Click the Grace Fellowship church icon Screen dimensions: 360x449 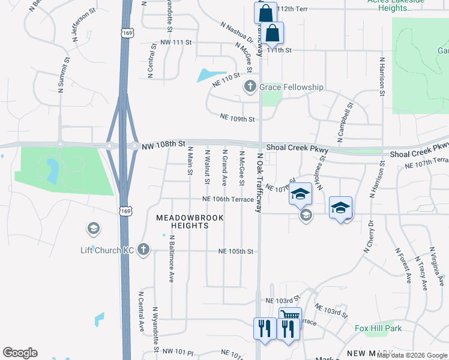[x=250, y=88]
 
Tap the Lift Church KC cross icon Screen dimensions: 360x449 [x=143, y=250]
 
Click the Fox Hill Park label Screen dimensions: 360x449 [x=378, y=328]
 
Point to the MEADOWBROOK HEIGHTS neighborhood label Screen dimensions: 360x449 [x=182, y=221]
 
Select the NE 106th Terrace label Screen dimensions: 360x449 [x=228, y=199]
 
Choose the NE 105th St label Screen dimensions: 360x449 [x=236, y=251]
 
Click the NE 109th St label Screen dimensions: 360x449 [x=238, y=119]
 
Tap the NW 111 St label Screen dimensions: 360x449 [x=176, y=43]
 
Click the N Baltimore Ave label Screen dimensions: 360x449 [x=172, y=259]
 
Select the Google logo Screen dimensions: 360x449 [x=20, y=353]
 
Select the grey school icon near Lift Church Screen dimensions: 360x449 [x=93, y=228]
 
